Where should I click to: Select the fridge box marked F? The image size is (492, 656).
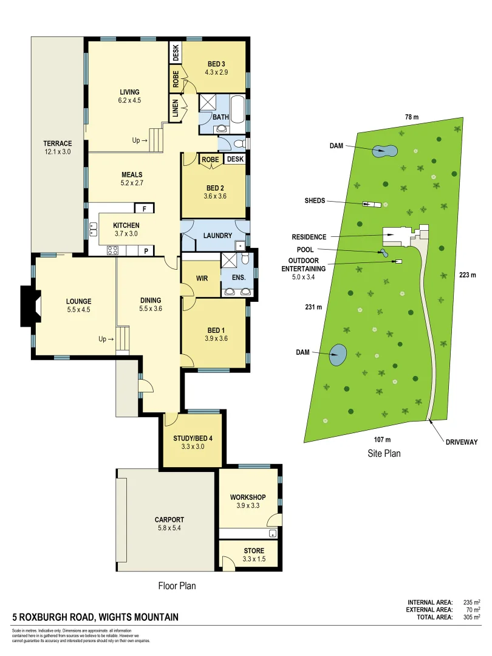click(x=144, y=208)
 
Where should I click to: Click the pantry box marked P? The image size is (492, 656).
click(x=146, y=250)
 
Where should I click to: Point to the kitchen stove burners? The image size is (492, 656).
click(x=113, y=249)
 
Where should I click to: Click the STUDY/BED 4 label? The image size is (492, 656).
click(x=193, y=438)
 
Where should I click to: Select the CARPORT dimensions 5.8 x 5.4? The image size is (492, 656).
click(x=169, y=528)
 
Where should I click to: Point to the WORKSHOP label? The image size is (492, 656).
click(x=247, y=497)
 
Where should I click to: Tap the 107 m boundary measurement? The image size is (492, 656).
click(x=382, y=439)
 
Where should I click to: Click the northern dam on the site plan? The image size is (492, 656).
click(x=384, y=150)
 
